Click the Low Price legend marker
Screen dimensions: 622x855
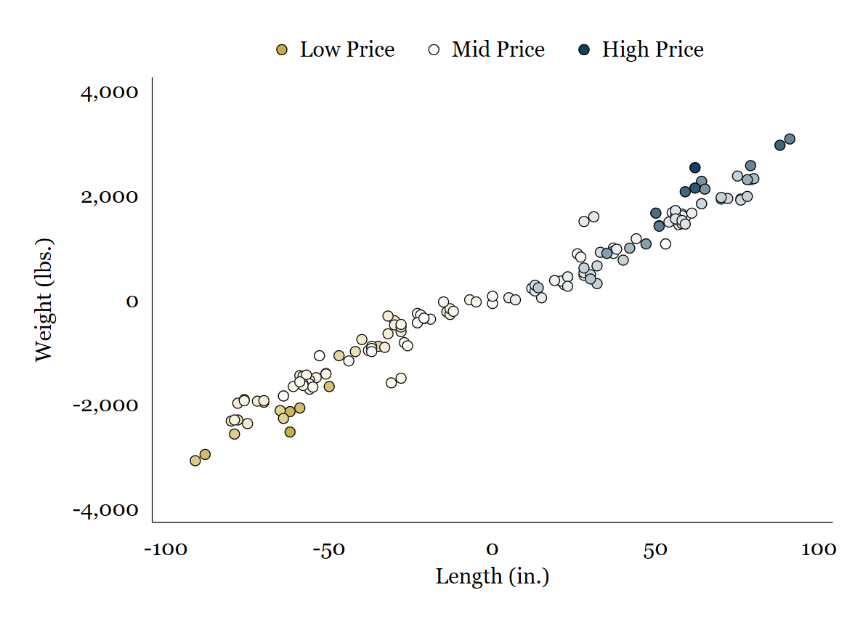[x=282, y=50]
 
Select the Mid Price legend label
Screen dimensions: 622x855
[x=498, y=50]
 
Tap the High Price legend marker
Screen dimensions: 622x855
[x=584, y=50]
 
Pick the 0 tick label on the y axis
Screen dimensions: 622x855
[x=131, y=301]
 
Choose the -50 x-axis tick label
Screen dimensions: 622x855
[x=328, y=549]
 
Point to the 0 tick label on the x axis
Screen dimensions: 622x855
[x=492, y=549]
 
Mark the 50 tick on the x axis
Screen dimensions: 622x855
[x=656, y=549]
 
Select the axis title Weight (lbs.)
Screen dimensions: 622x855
[x=44, y=299]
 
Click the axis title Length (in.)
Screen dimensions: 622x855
[x=492, y=577]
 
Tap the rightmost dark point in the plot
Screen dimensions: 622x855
[x=790, y=139]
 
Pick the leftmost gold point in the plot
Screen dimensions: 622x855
[x=195, y=461]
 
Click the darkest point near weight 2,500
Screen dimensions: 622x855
[x=694, y=168]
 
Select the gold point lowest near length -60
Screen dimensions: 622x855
[x=290, y=432]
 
